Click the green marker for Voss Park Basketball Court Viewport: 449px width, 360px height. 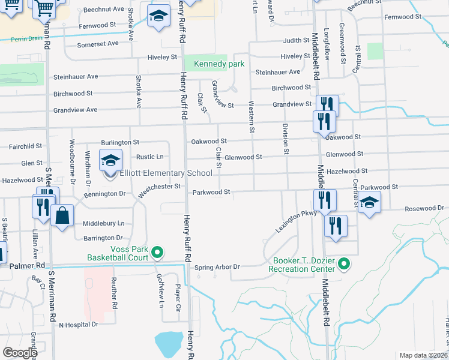pos(158,253)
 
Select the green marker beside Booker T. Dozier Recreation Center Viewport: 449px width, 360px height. pos(344,263)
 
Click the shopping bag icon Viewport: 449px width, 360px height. pos(62,215)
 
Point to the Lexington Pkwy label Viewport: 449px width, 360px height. pos(296,221)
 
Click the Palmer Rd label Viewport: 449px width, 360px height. pos(23,265)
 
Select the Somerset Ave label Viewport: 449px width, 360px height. pos(98,44)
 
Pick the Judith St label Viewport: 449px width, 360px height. pos(297,41)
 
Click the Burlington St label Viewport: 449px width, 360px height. pos(120,142)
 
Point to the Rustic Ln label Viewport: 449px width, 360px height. pos(150,157)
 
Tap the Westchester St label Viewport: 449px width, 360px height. pos(159,190)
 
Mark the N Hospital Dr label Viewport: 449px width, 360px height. pos(78,325)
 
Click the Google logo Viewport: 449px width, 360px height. pos(19,353)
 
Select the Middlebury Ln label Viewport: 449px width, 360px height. pos(104,223)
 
